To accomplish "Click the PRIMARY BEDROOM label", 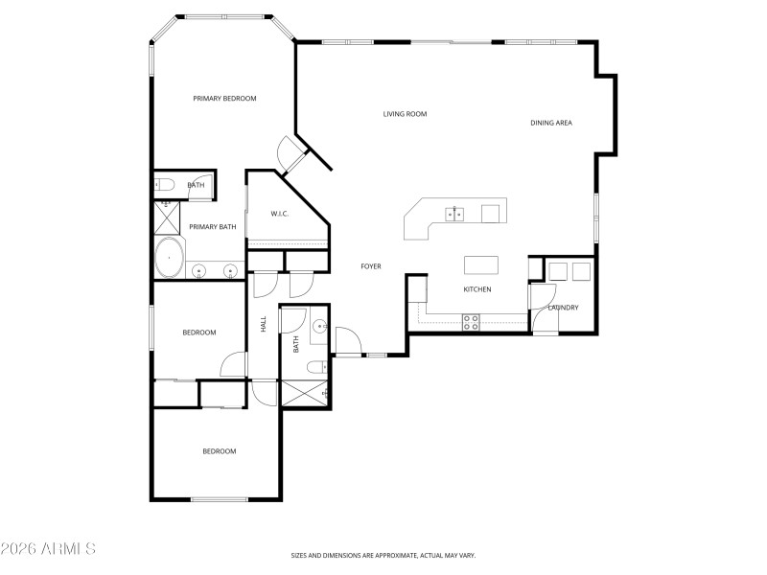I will [224, 98].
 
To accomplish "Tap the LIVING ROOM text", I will [405, 114].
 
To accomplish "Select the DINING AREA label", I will [551, 123].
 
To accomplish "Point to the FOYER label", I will [371, 265].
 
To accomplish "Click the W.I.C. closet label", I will [280, 213].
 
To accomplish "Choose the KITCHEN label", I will [477, 289].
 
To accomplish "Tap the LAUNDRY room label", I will [565, 308].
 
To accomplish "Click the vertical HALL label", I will [264, 325].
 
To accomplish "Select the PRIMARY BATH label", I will [212, 226].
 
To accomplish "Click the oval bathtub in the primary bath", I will [171, 259].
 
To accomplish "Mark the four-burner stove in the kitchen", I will [471, 323].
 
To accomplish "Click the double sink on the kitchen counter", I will [453, 214].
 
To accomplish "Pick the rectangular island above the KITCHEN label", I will [481, 264].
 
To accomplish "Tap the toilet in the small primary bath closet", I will [163, 184].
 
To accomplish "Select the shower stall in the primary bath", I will [167, 218].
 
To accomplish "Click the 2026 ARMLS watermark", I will [48, 549].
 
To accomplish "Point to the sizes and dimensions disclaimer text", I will [383, 555].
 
